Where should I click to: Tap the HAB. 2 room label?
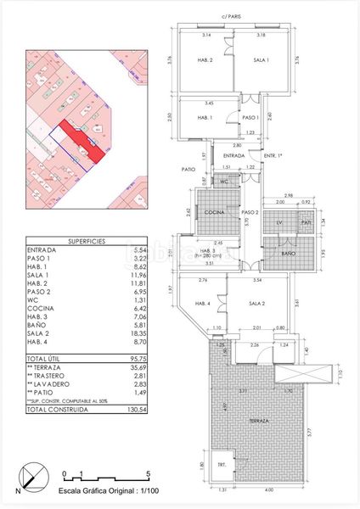pos(205,60)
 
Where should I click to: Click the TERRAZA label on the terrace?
pos(260,421)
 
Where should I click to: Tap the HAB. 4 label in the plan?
pos(204,303)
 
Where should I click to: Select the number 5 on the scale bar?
pos(148,473)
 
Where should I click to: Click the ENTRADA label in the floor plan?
pos(233,155)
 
